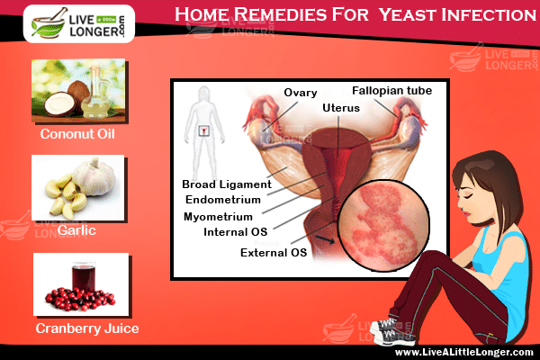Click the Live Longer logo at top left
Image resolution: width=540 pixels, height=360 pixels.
click(79, 23)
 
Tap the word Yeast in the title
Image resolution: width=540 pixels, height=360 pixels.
click(408, 14)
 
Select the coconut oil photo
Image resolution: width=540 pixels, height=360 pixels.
click(78, 90)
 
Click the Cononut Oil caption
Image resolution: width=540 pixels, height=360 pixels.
click(77, 134)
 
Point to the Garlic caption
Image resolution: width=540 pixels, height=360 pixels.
click(76, 230)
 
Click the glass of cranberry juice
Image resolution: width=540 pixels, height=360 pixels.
click(84, 277)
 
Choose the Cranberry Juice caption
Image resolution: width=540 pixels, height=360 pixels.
click(87, 328)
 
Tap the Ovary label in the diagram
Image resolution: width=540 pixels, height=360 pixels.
click(301, 93)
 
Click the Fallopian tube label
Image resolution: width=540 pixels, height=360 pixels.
click(391, 91)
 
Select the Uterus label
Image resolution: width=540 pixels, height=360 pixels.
click(341, 108)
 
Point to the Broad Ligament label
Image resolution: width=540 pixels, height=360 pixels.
click(227, 184)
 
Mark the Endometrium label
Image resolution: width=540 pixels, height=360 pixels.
click(223, 200)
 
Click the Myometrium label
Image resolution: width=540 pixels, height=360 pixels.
click(218, 217)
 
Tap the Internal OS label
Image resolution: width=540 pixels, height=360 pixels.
click(236, 232)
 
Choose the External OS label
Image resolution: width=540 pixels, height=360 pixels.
click(274, 253)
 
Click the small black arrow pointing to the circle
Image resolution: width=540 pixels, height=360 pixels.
click(326, 239)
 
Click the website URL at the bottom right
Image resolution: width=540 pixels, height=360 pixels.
click(463, 352)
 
